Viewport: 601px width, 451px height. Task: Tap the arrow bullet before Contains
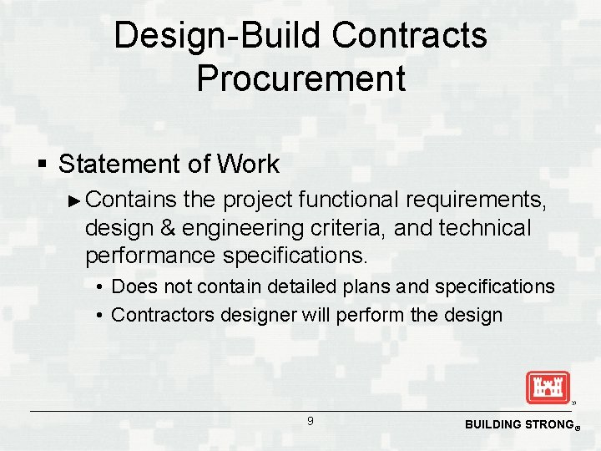[74, 200]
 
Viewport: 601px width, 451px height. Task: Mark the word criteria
[351, 227]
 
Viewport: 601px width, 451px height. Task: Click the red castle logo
[548, 387]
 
